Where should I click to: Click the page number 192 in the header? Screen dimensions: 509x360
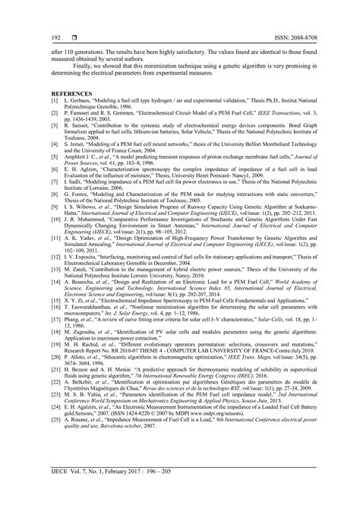click(36, 36)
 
